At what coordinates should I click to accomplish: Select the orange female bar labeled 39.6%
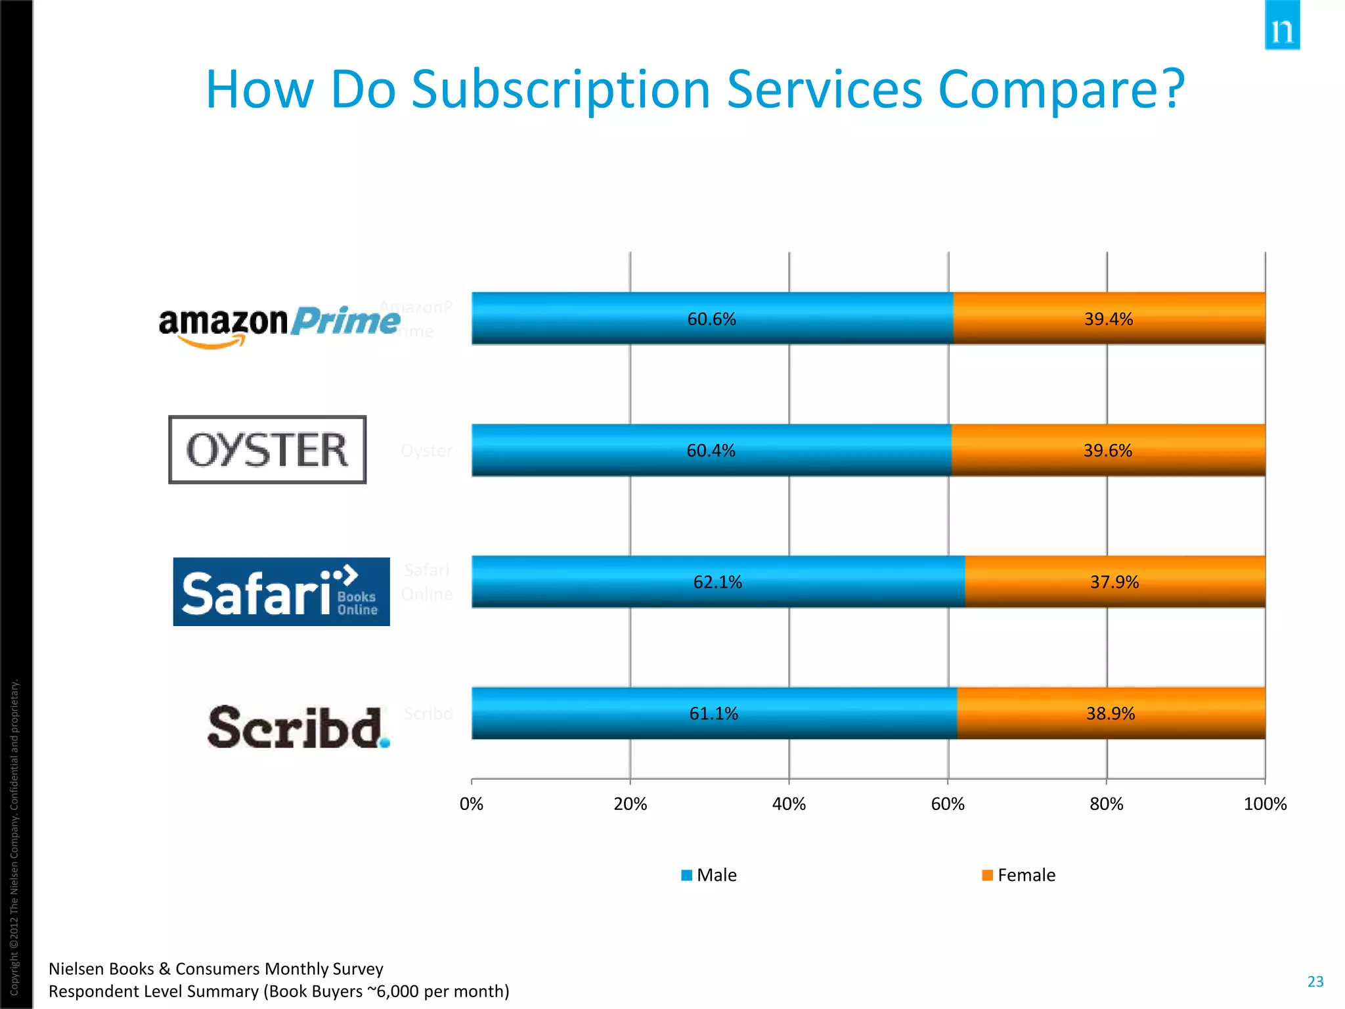coord(1108,451)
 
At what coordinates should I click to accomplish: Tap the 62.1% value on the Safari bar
coord(717,582)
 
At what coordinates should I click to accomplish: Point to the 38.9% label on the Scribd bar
coord(1110,713)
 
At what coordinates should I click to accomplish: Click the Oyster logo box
coord(267,450)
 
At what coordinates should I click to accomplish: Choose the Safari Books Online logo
coord(281,591)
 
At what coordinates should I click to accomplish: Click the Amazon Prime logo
coord(279,325)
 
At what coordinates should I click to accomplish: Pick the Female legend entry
coord(1019,875)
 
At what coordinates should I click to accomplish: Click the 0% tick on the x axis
coord(472,804)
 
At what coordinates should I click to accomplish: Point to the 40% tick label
coord(789,804)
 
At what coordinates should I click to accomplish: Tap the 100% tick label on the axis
coord(1265,804)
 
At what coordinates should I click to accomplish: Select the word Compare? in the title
coord(1061,90)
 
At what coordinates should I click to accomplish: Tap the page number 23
coord(1315,981)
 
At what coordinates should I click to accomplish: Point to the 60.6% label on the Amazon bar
coord(711,319)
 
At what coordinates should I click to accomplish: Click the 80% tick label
coord(1107,804)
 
